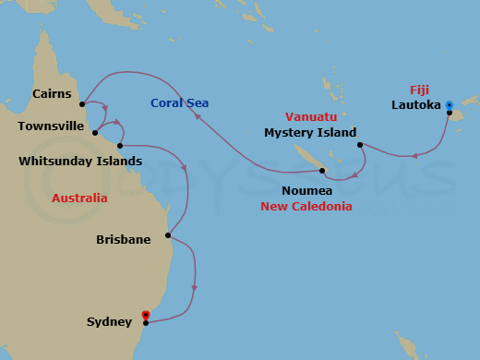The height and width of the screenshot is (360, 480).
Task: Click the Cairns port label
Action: click(52, 93)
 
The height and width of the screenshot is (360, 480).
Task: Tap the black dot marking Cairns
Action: click(83, 102)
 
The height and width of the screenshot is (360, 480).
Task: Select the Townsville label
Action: click(51, 126)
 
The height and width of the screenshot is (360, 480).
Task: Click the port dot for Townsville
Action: click(95, 132)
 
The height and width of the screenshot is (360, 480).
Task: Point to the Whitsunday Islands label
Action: click(80, 161)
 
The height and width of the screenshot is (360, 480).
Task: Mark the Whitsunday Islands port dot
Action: click(121, 145)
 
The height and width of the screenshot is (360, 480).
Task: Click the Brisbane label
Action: click(123, 240)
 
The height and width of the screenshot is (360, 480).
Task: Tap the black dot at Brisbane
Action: click(168, 235)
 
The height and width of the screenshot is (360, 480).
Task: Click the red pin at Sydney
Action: click(146, 316)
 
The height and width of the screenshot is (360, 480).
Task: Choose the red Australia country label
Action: click(79, 198)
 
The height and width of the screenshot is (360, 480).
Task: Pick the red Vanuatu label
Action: click(310, 117)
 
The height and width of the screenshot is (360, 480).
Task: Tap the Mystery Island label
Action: click(310, 133)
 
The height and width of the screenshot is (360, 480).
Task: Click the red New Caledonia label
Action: click(306, 207)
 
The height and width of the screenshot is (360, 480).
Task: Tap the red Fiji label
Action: click(419, 90)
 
